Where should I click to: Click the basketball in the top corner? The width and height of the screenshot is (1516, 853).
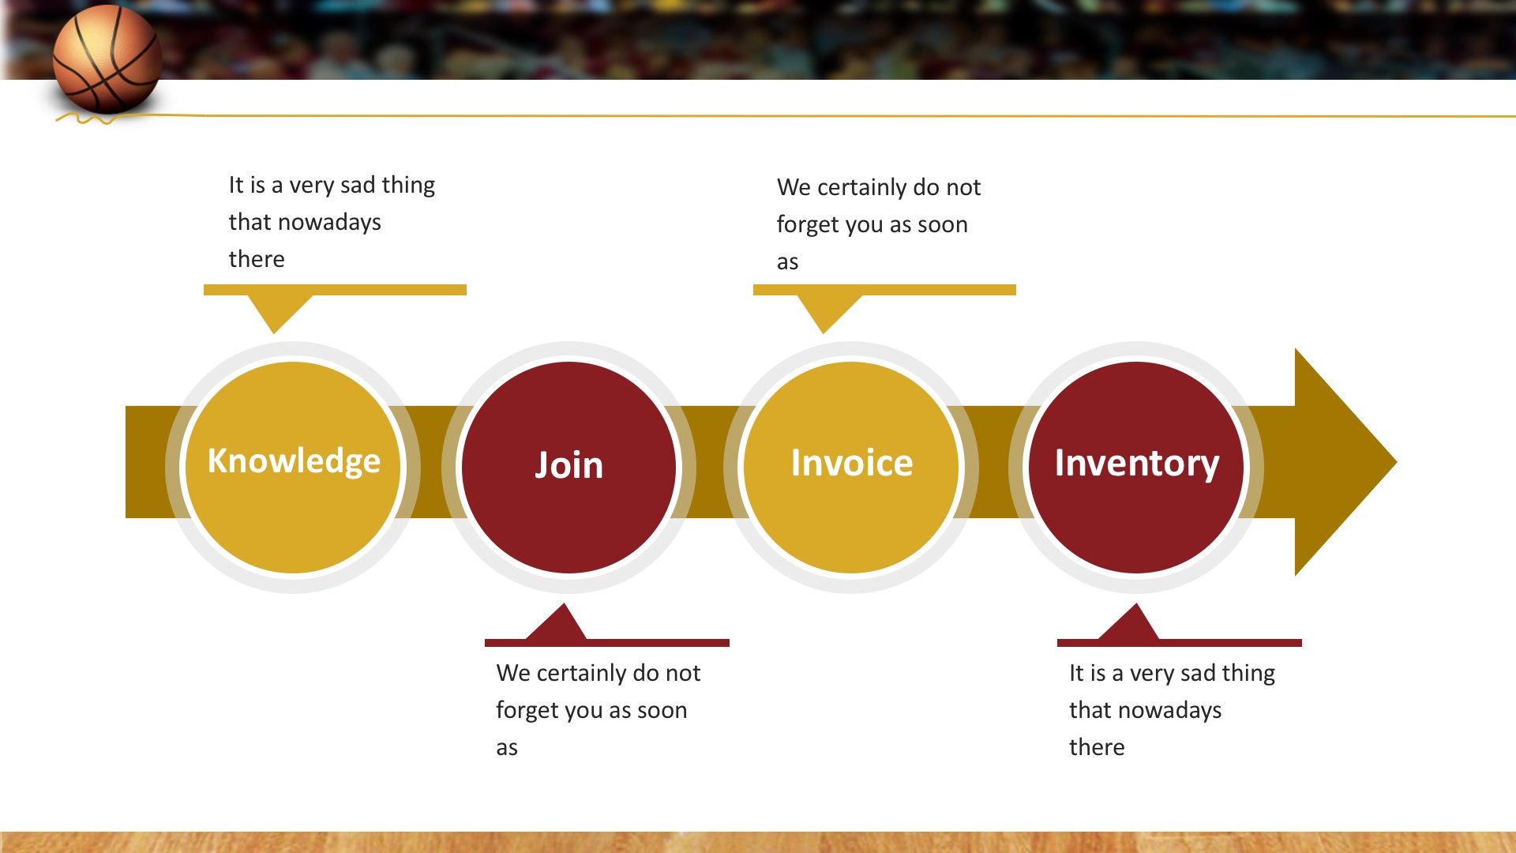click(107, 59)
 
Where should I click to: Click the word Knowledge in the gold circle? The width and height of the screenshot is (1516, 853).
click(294, 461)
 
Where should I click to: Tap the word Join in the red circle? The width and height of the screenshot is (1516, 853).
click(568, 465)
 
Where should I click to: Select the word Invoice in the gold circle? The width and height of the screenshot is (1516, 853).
click(852, 463)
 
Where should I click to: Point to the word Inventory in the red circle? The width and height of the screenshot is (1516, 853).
click(1137, 464)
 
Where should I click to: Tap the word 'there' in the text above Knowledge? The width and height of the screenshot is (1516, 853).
click(257, 259)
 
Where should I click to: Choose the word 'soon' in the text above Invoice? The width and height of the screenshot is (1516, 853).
click(943, 225)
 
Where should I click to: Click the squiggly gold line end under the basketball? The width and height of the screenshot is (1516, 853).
click(57, 121)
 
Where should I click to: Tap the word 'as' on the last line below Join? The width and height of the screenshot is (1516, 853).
click(507, 748)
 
